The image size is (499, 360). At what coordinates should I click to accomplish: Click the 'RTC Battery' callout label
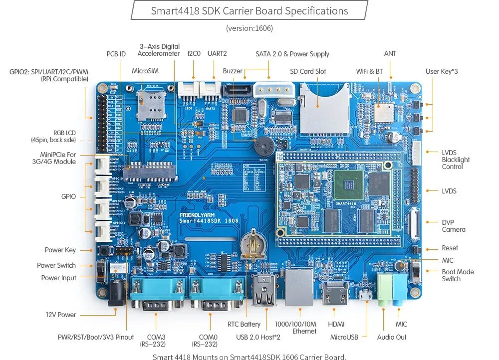click(x=244, y=324)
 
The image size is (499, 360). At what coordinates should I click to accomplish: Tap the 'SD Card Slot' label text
click(x=308, y=71)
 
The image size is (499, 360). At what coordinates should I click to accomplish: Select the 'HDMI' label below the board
click(x=336, y=324)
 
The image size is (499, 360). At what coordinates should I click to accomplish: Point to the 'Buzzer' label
click(x=233, y=71)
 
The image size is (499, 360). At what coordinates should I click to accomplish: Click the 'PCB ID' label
click(x=116, y=54)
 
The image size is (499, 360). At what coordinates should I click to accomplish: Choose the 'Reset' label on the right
click(x=450, y=248)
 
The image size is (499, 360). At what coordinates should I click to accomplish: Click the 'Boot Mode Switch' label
click(x=458, y=275)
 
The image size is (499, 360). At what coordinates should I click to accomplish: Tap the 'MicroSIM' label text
click(x=145, y=71)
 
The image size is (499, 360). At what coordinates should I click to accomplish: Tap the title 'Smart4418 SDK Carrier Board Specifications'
click(x=249, y=10)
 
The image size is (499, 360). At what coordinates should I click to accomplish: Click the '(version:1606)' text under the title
click(x=249, y=28)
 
